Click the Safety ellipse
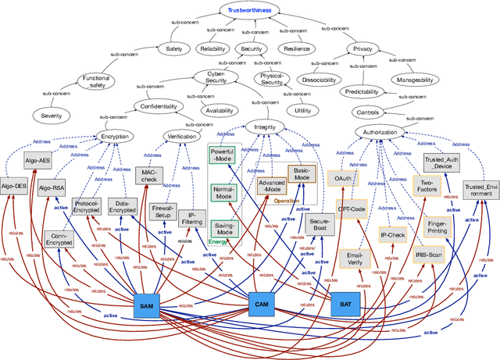[173, 48]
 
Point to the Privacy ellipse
[363, 48]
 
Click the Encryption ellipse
[115, 135]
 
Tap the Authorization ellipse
[380, 133]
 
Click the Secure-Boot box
[322, 226]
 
